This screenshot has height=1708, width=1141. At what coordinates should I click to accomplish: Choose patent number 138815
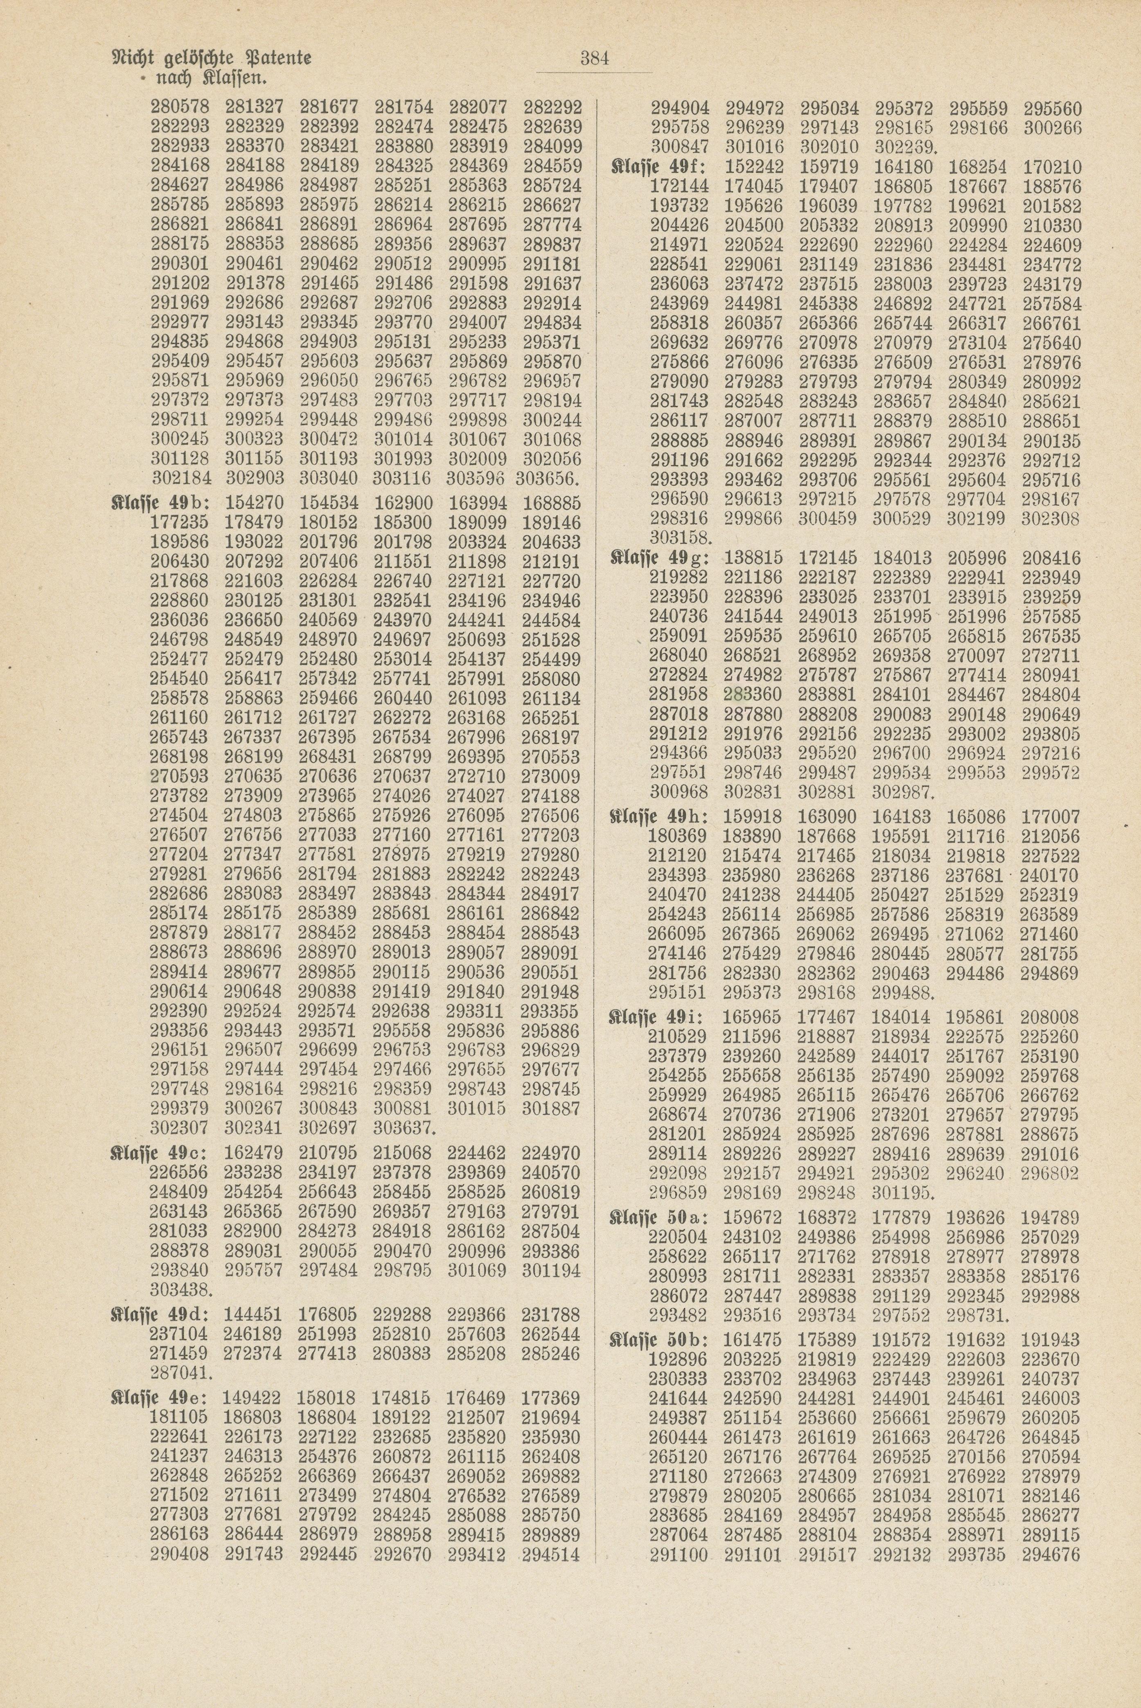click(x=753, y=559)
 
